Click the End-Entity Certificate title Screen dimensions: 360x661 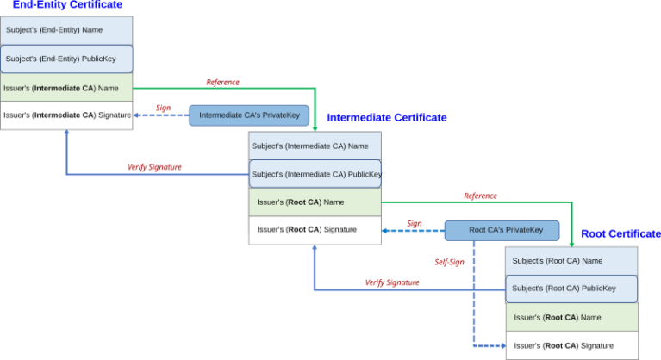(67, 5)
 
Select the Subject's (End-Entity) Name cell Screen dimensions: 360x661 (66, 30)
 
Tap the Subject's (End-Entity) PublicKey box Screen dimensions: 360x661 (66, 59)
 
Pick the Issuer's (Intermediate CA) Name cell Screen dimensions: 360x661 (66, 87)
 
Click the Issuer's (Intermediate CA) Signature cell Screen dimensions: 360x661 (66, 115)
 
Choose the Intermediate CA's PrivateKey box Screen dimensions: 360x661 (249, 115)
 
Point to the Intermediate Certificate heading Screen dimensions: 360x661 (386, 117)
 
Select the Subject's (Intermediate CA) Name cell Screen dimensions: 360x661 (315, 146)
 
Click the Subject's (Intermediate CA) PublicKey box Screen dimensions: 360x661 (315, 174)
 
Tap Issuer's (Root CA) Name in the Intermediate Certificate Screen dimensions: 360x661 (315, 202)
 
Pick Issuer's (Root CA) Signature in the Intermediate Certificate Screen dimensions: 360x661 (315, 230)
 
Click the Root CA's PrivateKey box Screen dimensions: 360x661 (506, 230)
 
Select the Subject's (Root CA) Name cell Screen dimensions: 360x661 (571, 260)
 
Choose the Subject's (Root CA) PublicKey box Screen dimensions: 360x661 (571, 289)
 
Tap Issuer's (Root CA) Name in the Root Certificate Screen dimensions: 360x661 (571, 317)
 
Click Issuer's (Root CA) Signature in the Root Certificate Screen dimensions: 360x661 (571, 345)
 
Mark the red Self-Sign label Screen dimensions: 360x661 (449, 261)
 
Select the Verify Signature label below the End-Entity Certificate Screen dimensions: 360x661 (154, 167)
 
